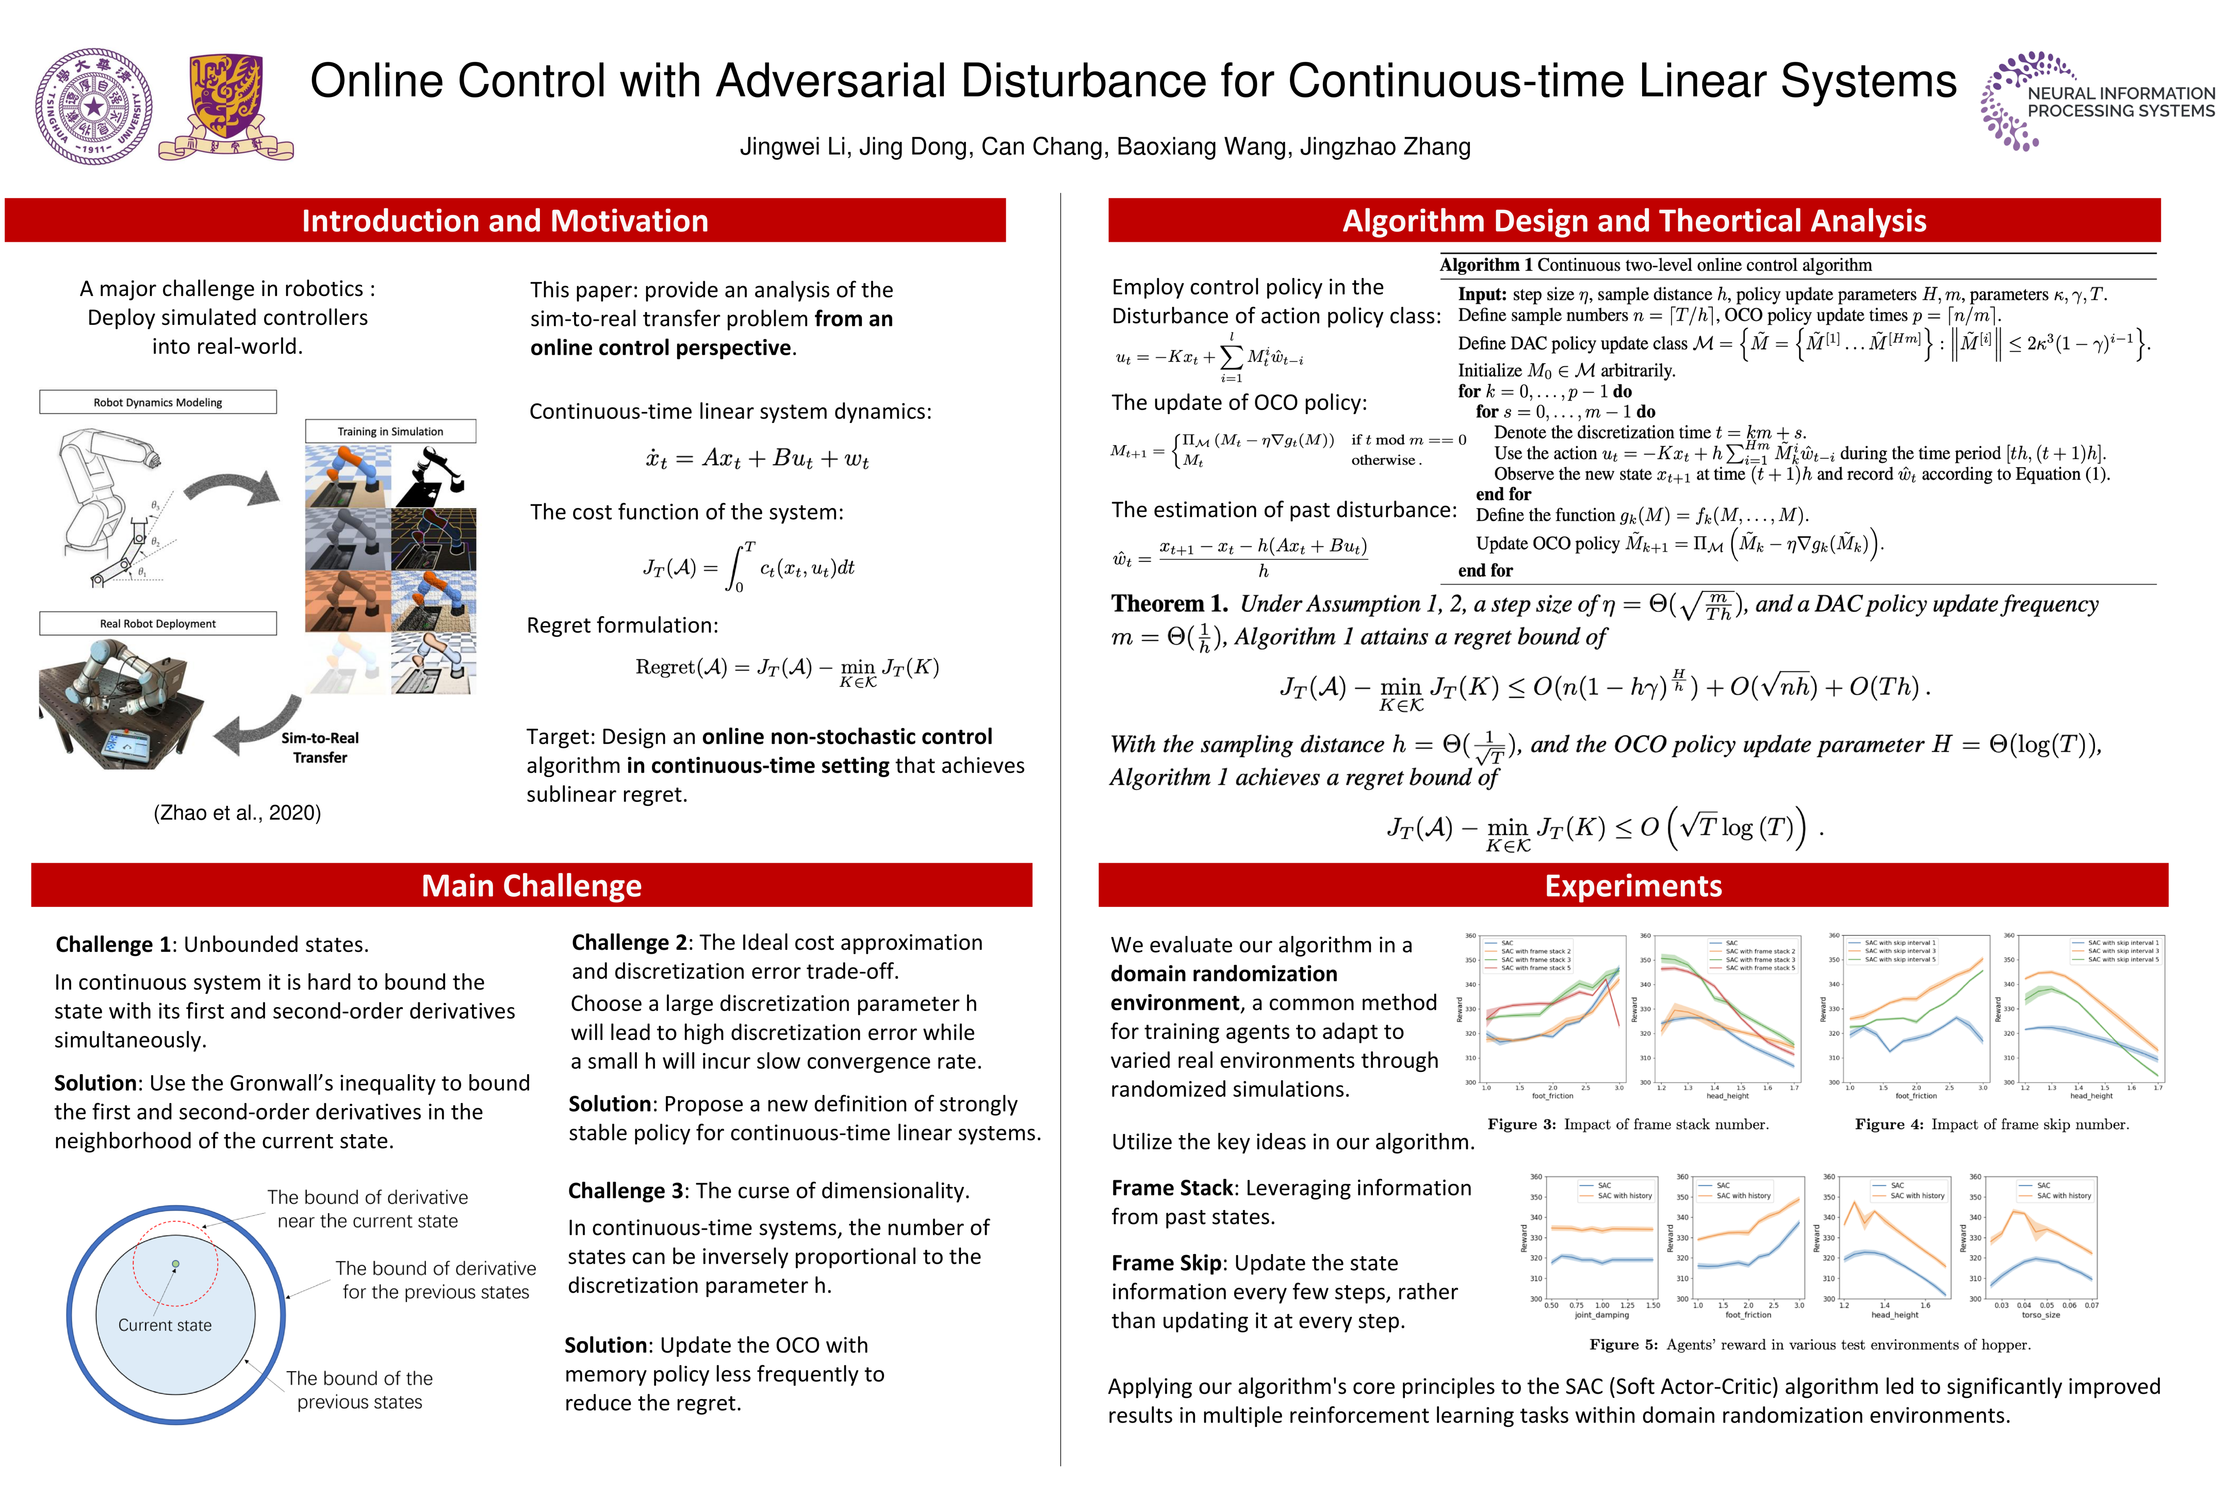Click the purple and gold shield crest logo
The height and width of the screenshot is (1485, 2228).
(225, 106)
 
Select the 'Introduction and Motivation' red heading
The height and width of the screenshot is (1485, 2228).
(505, 221)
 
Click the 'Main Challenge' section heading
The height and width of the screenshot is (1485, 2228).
(531, 885)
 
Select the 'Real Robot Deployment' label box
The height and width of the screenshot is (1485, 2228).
(158, 624)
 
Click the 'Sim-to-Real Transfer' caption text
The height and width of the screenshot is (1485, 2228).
(320, 747)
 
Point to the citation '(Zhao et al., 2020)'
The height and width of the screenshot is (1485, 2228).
(237, 813)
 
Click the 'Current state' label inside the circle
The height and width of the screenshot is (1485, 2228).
(165, 1325)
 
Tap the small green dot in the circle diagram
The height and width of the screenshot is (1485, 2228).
(175, 1264)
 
